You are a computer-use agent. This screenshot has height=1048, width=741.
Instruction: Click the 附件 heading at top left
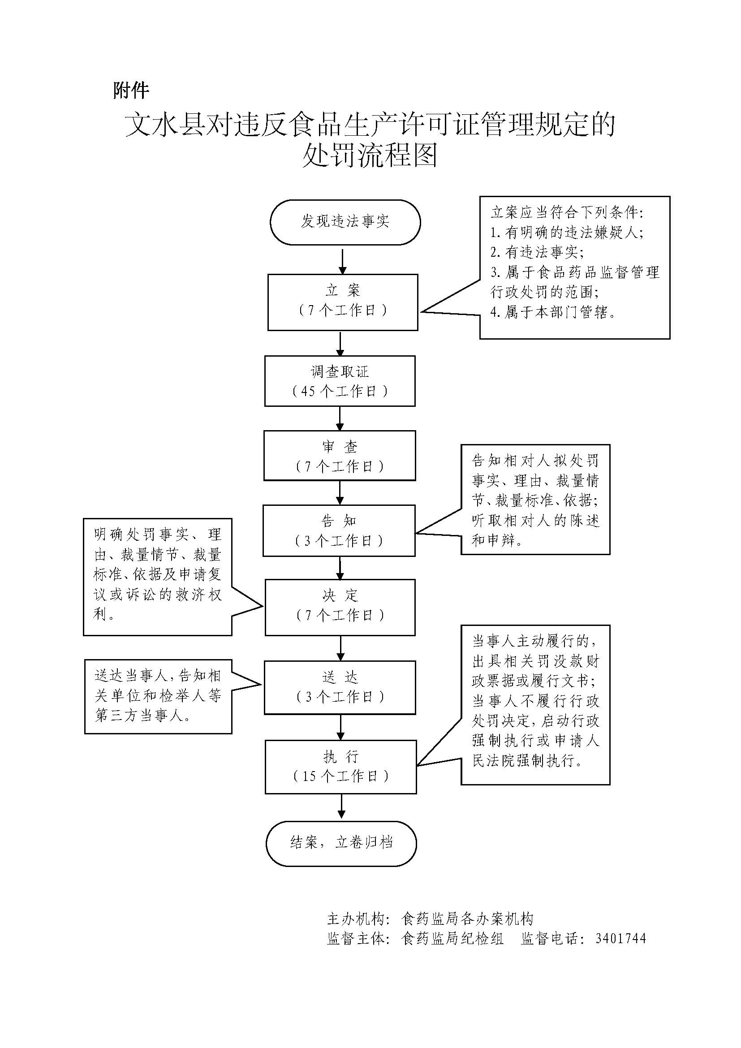pyautogui.click(x=131, y=91)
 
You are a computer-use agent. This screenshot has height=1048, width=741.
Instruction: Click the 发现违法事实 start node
pyautogui.click(x=345, y=222)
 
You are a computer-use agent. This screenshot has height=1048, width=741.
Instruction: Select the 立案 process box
pyautogui.click(x=343, y=302)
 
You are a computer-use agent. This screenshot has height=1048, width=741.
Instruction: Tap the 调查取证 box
pyautogui.click(x=340, y=381)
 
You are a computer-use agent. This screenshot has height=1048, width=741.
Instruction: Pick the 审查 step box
pyautogui.click(x=340, y=456)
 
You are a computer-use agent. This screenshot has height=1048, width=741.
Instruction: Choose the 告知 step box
pyautogui.click(x=339, y=530)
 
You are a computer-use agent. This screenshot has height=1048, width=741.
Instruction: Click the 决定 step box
pyautogui.click(x=340, y=607)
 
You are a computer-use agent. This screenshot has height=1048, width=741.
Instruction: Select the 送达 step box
pyautogui.click(x=340, y=687)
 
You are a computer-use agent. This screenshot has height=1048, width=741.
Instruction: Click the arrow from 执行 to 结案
pyautogui.click(x=341, y=807)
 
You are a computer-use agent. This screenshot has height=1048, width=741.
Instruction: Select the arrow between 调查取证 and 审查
pyautogui.click(x=340, y=418)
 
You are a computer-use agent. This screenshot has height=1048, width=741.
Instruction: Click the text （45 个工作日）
pyautogui.click(x=340, y=391)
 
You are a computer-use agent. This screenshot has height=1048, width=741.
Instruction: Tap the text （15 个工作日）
pyautogui.click(x=341, y=776)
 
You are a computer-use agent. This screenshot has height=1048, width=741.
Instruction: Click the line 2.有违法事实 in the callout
pyautogui.click(x=537, y=252)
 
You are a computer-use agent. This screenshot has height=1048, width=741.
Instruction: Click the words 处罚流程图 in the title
pyautogui.click(x=370, y=155)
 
